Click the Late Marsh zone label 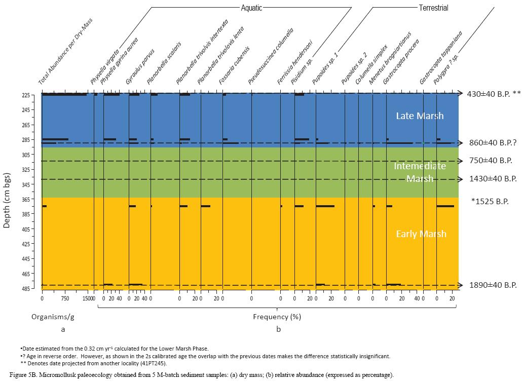coord(420,116)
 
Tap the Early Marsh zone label coord(421,234)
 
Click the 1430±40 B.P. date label coord(493,179)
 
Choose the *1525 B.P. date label coord(490,201)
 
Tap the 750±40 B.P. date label coord(491,161)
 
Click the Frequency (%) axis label coord(277,317)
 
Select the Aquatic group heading coord(251,8)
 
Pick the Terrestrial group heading coord(433,8)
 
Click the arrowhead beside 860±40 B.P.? coord(460,143)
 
